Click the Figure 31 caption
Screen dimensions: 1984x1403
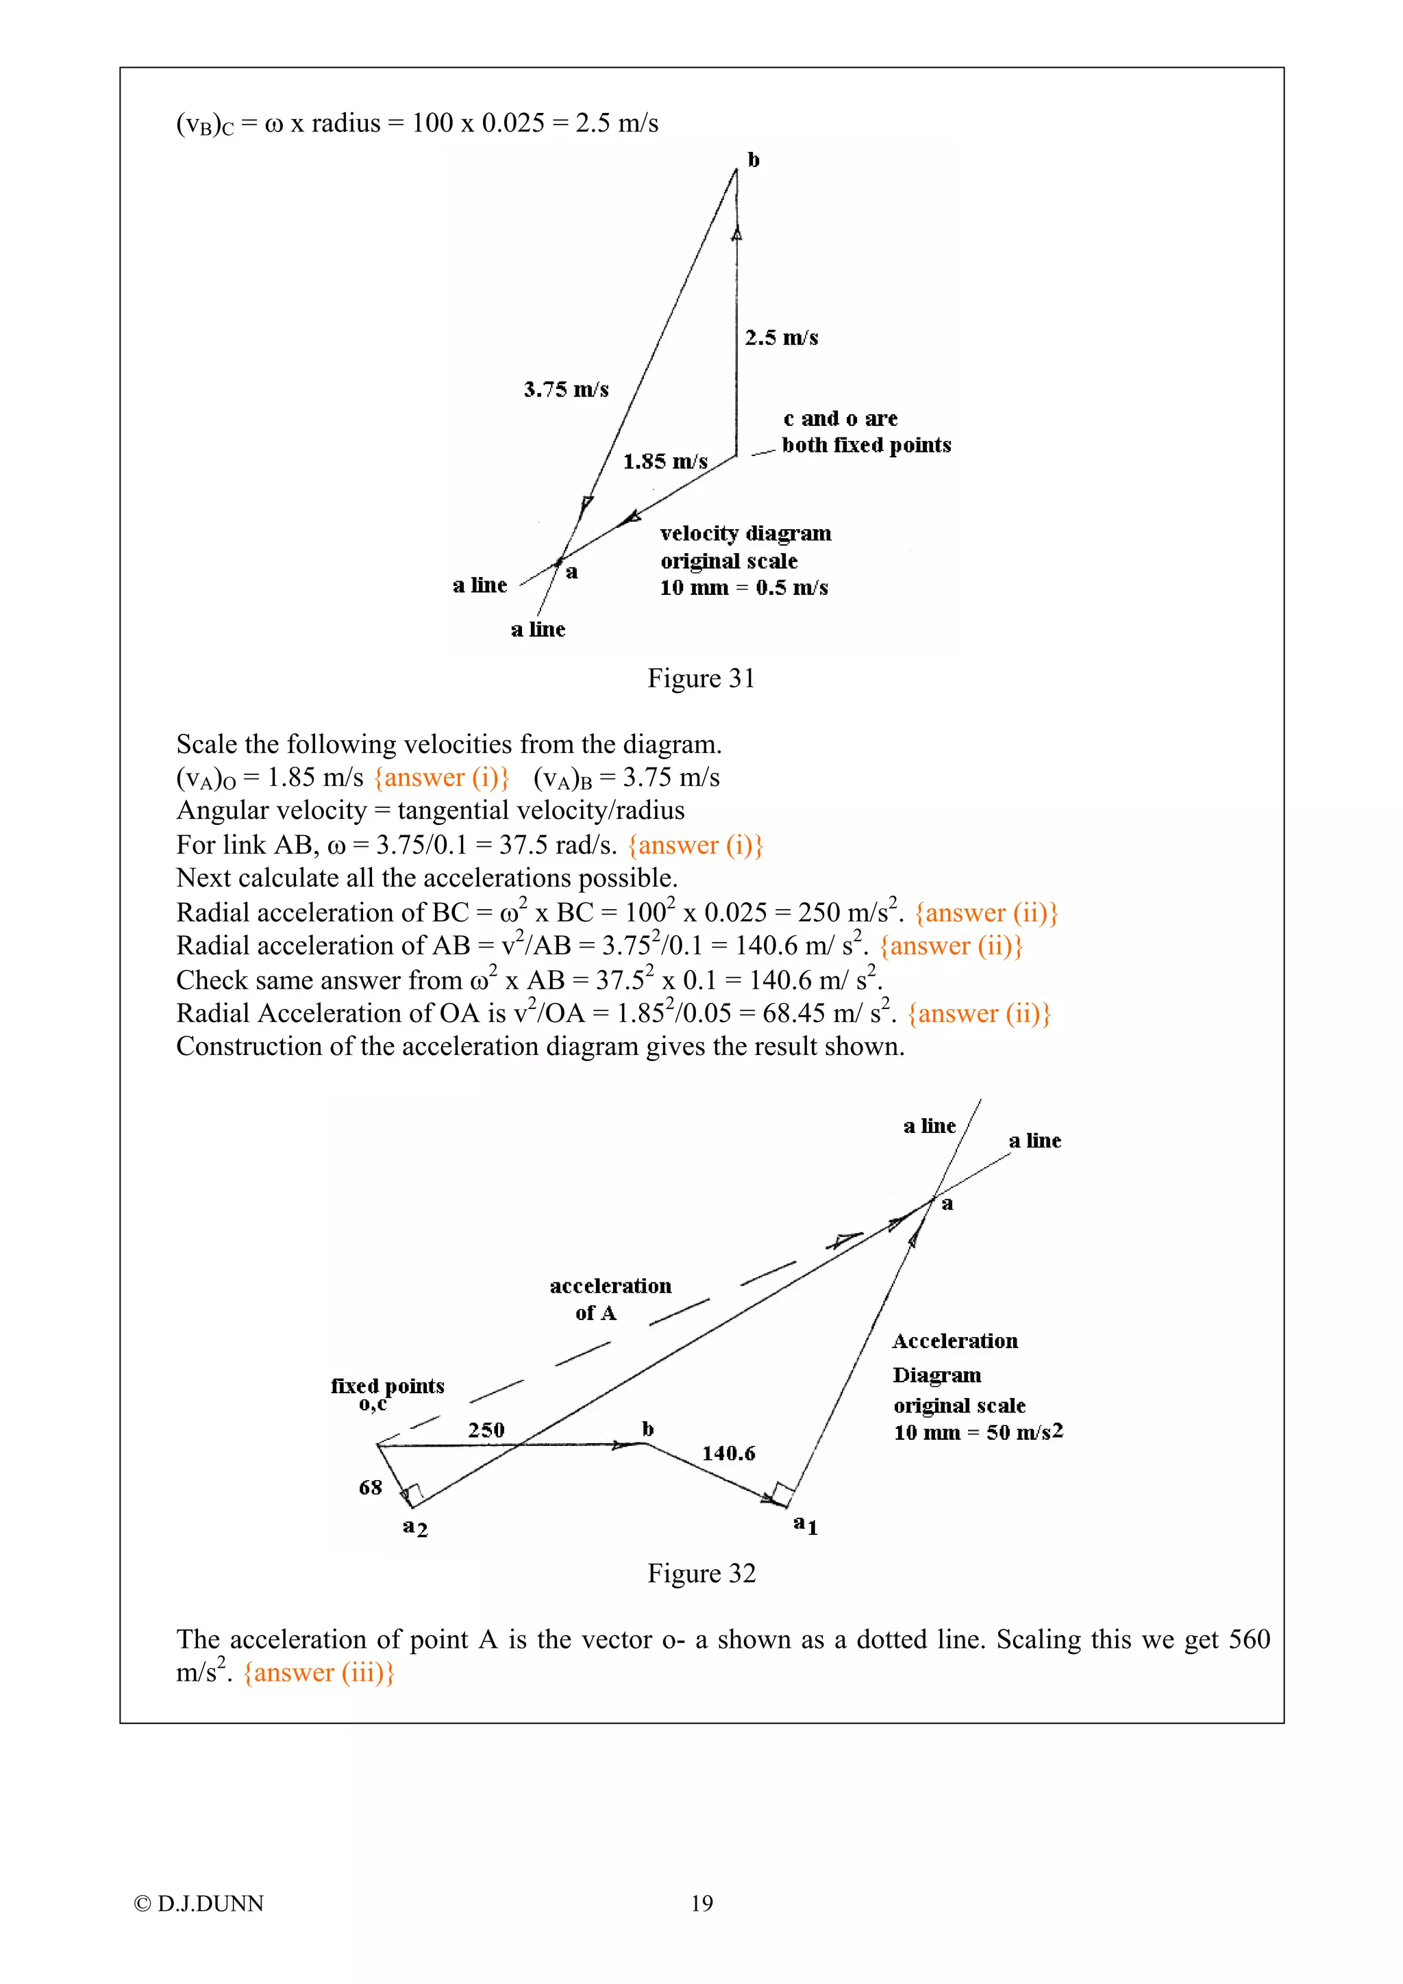click(x=701, y=678)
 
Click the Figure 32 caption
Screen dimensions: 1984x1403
click(x=701, y=1573)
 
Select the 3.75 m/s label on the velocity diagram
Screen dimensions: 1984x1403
click(x=567, y=390)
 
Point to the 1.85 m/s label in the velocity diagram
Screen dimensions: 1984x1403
click(x=665, y=461)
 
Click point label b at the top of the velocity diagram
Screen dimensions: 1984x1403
click(x=754, y=160)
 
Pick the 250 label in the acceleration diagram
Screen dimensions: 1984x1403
click(x=486, y=1430)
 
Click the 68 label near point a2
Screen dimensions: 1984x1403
click(x=370, y=1487)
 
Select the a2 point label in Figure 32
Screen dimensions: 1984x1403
click(x=415, y=1527)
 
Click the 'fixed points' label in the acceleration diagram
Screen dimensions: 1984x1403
click(x=387, y=1386)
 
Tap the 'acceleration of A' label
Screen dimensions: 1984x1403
click(x=610, y=1299)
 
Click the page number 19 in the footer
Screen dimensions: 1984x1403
click(x=702, y=1904)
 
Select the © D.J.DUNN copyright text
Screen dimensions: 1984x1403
click(x=199, y=1904)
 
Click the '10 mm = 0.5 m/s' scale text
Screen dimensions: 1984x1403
click(x=743, y=589)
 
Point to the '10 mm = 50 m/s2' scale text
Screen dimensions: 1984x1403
click(x=978, y=1433)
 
